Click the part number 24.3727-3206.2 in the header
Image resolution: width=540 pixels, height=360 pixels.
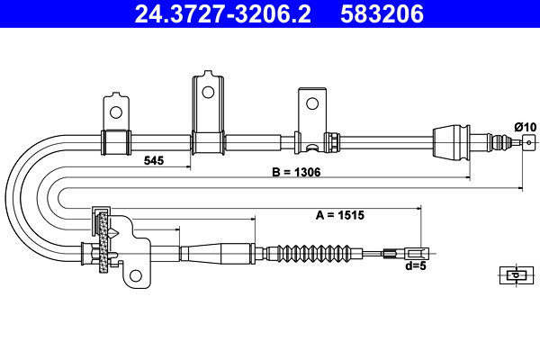(x=222, y=13)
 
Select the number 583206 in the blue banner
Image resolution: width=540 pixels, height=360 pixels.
(x=382, y=13)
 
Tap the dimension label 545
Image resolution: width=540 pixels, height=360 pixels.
(x=154, y=160)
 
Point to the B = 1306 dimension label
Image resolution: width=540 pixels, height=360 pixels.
(x=296, y=172)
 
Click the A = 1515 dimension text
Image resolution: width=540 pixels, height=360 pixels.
(x=340, y=215)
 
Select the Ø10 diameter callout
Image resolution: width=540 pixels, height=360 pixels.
(x=526, y=127)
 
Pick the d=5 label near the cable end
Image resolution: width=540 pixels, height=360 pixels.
(x=416, y=266)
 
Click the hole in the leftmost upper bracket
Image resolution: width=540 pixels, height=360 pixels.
(x=116, y=112)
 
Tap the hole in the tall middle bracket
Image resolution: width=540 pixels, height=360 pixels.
(x=208, y=92)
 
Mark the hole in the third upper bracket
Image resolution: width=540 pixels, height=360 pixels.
(x=312, y=103)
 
